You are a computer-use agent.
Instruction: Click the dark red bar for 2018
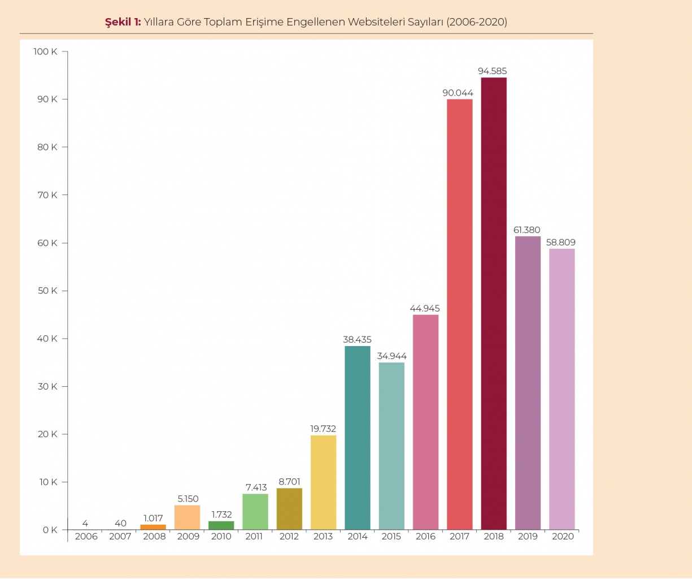click(494, 303)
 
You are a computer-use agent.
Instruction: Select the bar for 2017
click(460, 314)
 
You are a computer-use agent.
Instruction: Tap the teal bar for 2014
click(358, 438)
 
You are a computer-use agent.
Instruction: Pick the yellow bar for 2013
click(323, 482)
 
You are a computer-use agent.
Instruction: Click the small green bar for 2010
click(221, 525)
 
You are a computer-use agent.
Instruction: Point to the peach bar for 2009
click(187, 517)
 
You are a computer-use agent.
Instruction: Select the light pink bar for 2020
click(562, 389)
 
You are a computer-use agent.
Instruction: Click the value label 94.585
click(493, 71)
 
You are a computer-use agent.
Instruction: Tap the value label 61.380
click(527, 230)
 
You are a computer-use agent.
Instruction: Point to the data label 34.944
click(392, 356)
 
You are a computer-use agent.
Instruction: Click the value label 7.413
click(256, 487)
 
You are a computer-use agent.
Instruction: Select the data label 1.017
click(153, 518)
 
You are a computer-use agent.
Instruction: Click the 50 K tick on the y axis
click(48, 291)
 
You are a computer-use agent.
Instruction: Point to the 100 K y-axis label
click(45, 51)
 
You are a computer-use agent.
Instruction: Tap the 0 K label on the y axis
click(50, 530)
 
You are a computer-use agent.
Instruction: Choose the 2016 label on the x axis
click(425, 537)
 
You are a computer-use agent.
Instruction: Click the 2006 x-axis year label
click(86, 537)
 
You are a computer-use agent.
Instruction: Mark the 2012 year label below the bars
click(289, 537)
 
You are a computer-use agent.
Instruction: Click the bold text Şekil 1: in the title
click(123, 22)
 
